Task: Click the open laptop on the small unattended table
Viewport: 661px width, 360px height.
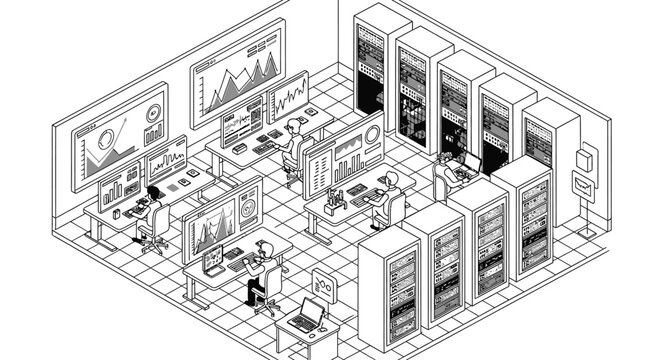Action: [310, 315]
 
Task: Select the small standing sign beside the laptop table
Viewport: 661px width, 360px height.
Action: [323, 284]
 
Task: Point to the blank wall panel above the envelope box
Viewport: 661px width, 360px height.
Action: [587, 155]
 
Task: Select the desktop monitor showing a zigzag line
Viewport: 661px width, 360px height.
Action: [288, 97]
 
